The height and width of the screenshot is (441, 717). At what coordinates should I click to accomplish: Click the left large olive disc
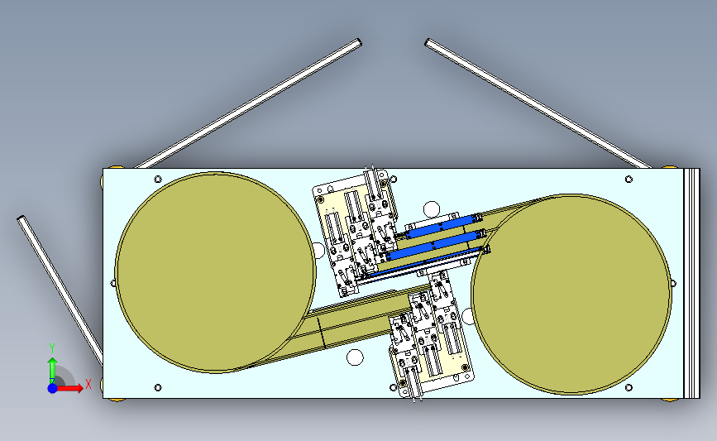coord(215,272)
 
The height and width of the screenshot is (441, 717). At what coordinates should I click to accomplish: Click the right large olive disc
coord(571,294)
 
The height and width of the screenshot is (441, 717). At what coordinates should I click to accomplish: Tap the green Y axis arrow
coord(52,371)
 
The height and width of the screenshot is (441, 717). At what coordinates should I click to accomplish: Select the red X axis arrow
coord(69,388)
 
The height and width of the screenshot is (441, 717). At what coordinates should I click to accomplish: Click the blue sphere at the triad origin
coord(52,388)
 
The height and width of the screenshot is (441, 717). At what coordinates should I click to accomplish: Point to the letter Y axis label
coord(52,348)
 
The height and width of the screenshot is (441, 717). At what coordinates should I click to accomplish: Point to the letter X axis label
coord(88,384)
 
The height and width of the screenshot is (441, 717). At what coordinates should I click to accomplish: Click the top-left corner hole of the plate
coord(158,179)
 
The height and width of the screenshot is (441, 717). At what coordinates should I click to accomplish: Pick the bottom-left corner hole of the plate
coord(158,387)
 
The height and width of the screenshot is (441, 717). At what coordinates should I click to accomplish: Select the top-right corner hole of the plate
coord(629,180)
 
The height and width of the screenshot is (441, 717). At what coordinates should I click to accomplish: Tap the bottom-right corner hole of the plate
coord(629,387)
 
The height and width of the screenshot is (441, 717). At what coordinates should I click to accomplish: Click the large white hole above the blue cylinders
coord(432,209)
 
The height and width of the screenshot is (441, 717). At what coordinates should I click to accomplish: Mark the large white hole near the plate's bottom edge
coord(355,357)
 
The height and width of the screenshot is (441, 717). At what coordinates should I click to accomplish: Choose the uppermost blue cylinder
coord(440,227)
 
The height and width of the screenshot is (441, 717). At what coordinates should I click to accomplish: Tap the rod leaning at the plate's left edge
coord(60,290)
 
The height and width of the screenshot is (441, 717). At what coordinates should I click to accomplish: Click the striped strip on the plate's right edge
coord(691,284)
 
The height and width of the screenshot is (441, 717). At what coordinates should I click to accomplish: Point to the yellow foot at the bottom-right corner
coord(671,400)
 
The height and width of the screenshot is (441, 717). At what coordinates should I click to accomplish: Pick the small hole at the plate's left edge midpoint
coord(113,284)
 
